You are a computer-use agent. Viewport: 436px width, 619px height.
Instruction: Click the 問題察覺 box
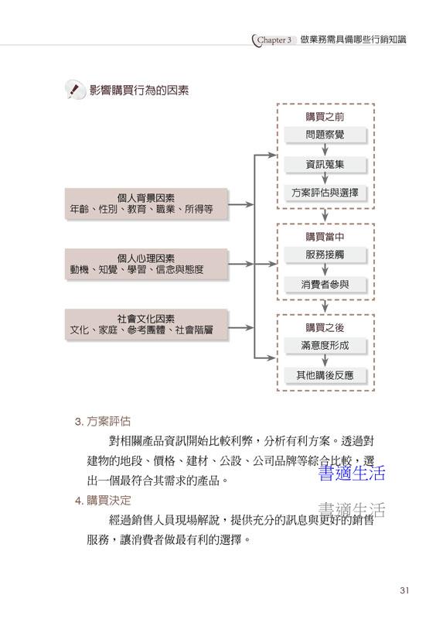point(325,135)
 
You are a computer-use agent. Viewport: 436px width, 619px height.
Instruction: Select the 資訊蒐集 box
point(325,164)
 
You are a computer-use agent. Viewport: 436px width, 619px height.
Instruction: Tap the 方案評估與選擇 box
point(325,193)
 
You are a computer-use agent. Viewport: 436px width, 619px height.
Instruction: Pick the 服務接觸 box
point(325,255)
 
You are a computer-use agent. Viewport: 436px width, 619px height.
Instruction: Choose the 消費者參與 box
point(325,284)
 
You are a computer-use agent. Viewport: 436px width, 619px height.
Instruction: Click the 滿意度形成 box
point(325,345)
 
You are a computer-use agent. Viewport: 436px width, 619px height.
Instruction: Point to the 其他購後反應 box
point(325,375)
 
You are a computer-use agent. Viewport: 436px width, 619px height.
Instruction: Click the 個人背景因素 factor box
point(146,203)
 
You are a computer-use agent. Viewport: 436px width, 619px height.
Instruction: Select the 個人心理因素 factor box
point(146,264)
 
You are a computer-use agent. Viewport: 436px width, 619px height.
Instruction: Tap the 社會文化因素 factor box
point(146,324)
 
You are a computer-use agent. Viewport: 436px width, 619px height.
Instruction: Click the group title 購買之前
point(325,117)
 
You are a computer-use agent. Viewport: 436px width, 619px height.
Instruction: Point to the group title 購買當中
point(325,237)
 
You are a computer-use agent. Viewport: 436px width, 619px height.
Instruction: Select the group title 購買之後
point(325,327)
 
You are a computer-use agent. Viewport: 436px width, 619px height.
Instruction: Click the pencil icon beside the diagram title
point(75,90)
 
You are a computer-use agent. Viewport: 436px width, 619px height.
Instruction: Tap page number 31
point(404,590)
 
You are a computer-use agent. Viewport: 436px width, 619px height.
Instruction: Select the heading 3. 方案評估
point(103,421)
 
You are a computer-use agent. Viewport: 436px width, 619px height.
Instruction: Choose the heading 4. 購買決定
point(103,501)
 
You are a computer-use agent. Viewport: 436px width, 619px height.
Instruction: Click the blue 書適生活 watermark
point(352,473)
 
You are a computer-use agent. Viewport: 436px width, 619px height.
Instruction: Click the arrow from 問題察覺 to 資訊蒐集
point(325,149)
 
